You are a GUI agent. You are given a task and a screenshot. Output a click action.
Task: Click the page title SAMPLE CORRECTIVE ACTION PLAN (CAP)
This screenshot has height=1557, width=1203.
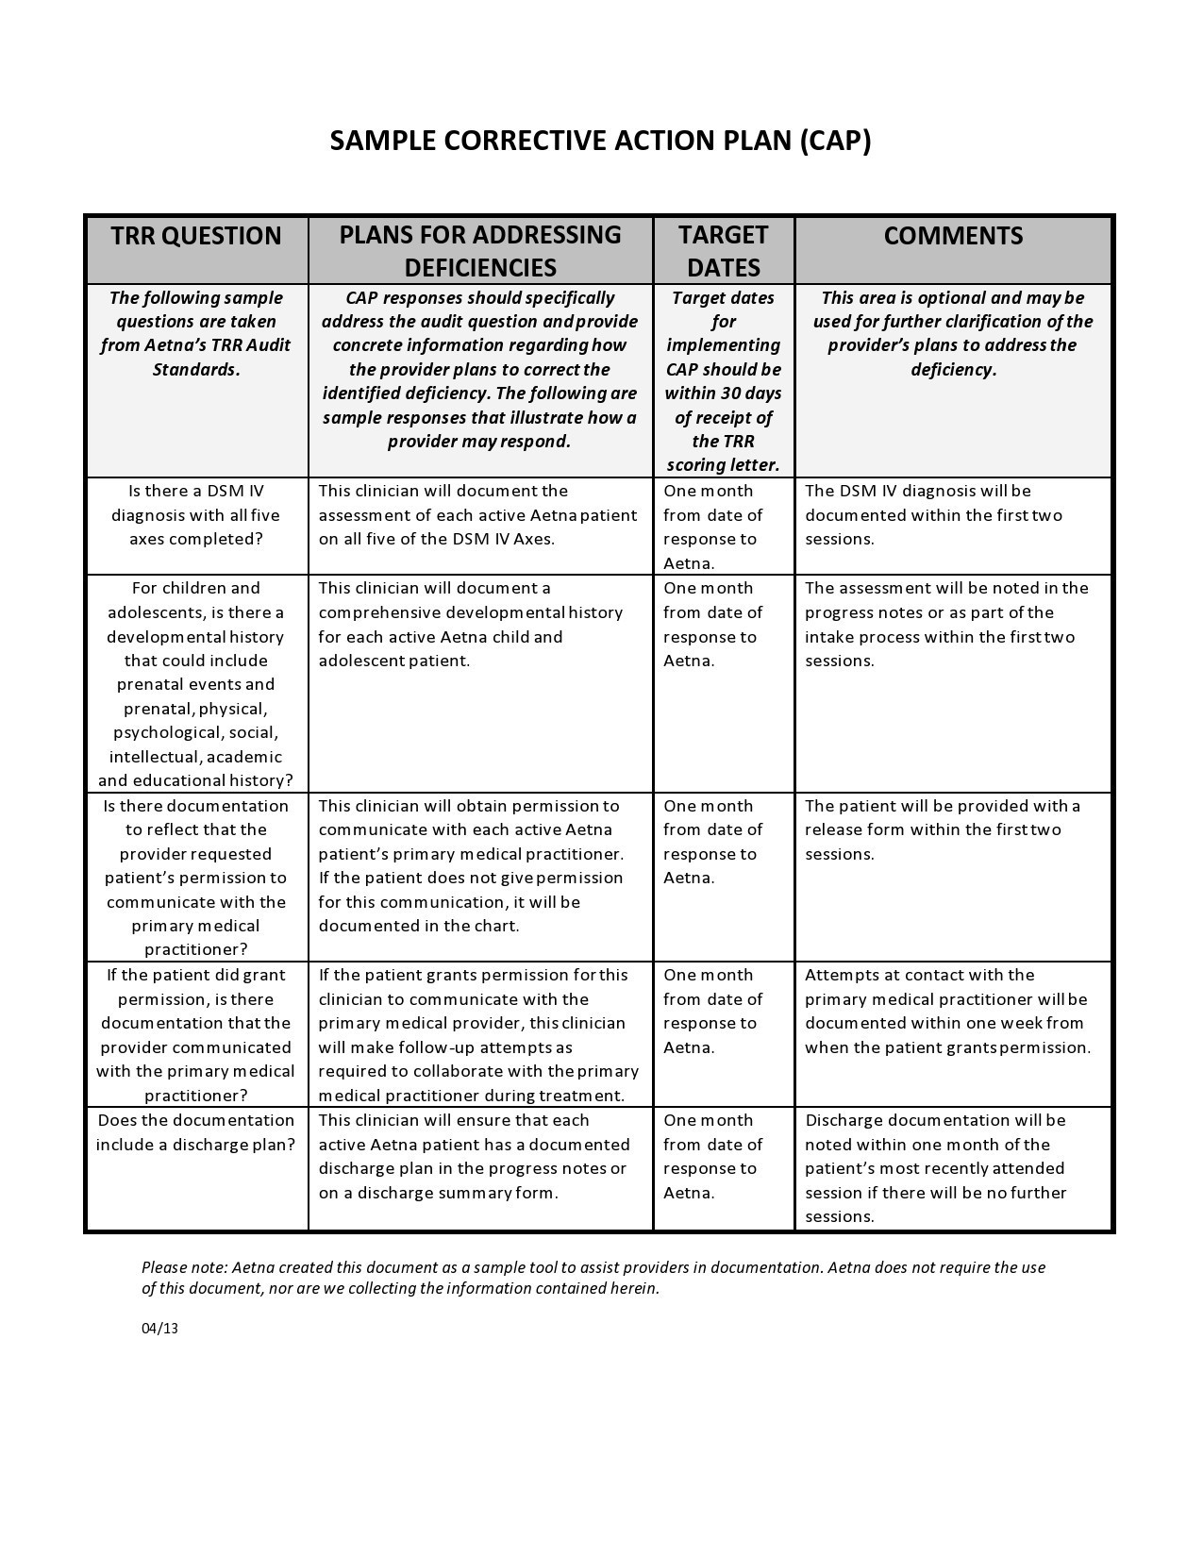(x=600, y=141)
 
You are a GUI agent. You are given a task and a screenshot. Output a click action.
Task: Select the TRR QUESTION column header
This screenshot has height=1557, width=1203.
(x=196, y=236)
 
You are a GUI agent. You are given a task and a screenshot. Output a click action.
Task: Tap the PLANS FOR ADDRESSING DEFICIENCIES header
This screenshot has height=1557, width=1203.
(x=480, y=251)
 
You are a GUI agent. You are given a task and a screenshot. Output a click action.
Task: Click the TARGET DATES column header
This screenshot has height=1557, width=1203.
(x=724, y=251)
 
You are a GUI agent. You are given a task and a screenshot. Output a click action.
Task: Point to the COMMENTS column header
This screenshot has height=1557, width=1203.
(x=953, y=236)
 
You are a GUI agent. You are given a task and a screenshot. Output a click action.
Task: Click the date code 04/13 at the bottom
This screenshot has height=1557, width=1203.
(x=159, y=1329)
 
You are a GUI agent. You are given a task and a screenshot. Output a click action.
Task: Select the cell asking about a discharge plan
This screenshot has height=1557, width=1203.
(x=196, y=1132)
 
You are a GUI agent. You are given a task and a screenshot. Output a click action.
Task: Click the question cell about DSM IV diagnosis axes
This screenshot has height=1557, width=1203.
(x=196, y=515)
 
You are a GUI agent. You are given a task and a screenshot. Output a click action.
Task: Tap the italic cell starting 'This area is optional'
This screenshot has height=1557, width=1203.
(x=953, y=333)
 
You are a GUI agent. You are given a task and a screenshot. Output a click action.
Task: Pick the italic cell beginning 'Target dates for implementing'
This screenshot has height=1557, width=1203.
(x=724, y=380)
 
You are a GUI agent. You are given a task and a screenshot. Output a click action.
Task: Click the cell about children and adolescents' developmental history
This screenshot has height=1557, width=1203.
(x=196, y=684)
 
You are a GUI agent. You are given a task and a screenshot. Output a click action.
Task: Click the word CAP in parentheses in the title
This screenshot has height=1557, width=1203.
(x=834, y=141)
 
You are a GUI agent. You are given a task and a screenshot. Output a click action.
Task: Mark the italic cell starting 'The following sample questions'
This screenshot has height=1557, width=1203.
(x=196, y=333)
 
